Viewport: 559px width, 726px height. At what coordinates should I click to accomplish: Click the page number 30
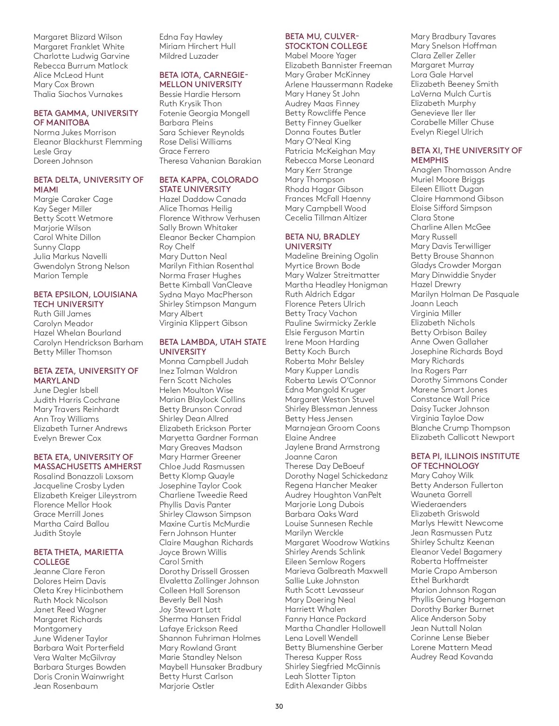(x=279, y=706)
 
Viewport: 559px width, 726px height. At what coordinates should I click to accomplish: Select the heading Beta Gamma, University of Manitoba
(x=85, y=118)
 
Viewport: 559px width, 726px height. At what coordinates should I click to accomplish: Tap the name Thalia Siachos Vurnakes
(x=78, y=94)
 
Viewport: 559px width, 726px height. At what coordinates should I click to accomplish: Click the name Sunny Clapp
(x=57, y=247)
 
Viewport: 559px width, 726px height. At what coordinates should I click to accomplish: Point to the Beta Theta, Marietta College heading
(x=78, y=557)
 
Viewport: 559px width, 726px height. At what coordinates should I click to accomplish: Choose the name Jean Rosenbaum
(x=66, y=686)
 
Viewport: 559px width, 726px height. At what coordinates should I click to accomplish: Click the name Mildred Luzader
(x=189, y=56)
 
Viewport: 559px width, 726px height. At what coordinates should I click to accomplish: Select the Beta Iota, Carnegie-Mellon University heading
(x=204, y=80)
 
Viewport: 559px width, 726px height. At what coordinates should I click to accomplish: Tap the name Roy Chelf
(x=177, y=247)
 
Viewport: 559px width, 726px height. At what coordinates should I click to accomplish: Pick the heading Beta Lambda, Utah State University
(x=212, y=347)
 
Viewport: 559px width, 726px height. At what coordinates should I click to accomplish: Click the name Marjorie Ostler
(x=187, y=686)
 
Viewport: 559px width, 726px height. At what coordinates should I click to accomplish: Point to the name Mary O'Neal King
(x=318, y=141)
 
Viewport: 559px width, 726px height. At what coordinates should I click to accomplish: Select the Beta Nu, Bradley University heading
(x=322, y=241)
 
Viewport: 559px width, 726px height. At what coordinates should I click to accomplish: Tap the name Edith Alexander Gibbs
(x=326, y=685)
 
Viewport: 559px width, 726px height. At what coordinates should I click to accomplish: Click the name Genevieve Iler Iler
(x=443, y=113)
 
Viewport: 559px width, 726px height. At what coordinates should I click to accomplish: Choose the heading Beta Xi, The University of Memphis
(x=466, y=155)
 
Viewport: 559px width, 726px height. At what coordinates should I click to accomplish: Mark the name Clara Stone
(x=432, y=218)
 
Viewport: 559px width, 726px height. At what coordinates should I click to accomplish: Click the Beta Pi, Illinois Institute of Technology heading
(x=465, y=461)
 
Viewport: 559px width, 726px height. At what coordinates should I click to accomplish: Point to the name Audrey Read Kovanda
(x=451, y=657)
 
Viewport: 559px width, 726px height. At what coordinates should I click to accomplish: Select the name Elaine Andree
(x=310, y=438)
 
